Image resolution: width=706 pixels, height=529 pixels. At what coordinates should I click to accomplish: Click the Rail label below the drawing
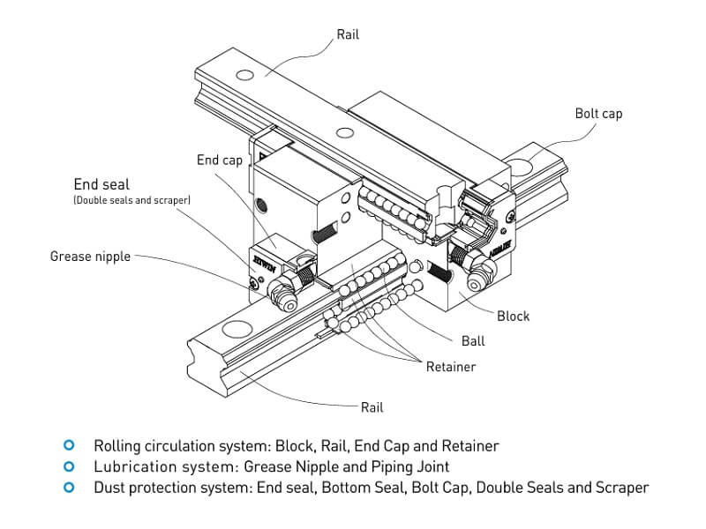click(x=372, y=407)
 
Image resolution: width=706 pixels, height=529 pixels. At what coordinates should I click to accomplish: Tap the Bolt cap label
click(x=598, y=114)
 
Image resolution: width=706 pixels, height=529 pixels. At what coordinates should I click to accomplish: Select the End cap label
click(x=219, y=160)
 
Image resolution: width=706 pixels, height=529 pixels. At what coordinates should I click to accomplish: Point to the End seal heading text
click(x=101, y=184)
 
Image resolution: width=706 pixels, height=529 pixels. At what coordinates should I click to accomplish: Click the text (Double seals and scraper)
click(x=131, y=201)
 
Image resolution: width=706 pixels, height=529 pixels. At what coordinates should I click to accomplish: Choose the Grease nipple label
click(x=90, y=257)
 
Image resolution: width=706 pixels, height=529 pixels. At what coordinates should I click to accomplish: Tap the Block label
click(x=514, y=316)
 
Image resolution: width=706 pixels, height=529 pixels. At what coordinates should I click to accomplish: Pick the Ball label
click(x=472, y=340)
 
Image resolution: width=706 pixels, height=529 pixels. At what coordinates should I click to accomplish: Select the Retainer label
click(x=450, y=366)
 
